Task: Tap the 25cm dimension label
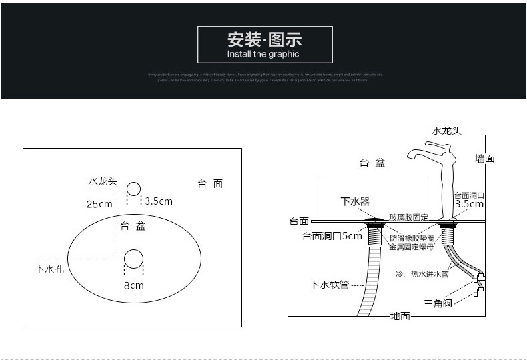(x=99, y=204)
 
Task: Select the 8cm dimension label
(x=133, y=285)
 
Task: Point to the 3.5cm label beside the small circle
(x=159, y=201)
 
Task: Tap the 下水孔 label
(x=50, y=270)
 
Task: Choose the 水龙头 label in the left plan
(x=103, y=181)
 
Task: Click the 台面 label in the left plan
(x=210, y=184)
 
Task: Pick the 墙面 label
(x=484, y=159)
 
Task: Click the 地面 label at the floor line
(x=400, y=315)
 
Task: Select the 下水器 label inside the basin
(x=354, y=201)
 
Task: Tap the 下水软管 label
(x=329, y=285)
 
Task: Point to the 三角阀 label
(x=438, y=303)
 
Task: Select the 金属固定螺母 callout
(x=412, y=247)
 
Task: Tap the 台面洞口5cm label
(x=332, y=236)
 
